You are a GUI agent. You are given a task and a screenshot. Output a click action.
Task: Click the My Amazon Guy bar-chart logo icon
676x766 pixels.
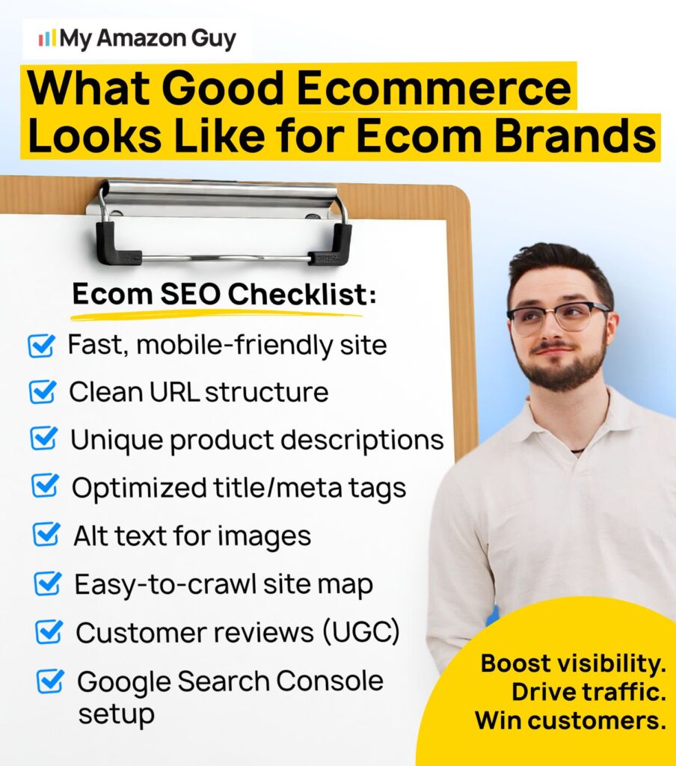(46, 37)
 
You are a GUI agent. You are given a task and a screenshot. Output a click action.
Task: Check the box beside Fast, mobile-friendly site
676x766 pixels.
(42, 346)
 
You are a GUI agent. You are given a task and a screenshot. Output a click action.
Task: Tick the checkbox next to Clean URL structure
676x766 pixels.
(43, 392)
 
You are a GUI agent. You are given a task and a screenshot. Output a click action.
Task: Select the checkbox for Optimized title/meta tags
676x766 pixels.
(46, 487)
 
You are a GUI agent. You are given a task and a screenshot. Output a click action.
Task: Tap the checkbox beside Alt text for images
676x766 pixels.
(47, 535)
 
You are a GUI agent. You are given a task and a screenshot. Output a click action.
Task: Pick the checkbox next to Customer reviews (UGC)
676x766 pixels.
(49, 633)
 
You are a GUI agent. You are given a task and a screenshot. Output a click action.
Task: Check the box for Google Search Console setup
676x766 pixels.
(51, 681)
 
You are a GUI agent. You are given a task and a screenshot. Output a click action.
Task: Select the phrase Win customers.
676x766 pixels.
(570, 720)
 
